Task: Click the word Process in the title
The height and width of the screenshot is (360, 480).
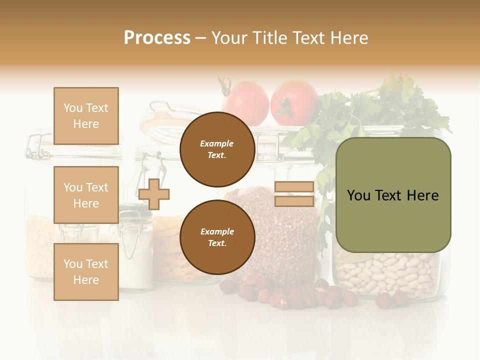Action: coord(157,38)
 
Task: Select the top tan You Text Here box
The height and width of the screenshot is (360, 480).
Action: coord(86,116)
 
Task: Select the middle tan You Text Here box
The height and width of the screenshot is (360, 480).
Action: coord(86,195)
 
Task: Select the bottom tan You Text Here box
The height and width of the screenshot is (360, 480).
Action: coord(86,271)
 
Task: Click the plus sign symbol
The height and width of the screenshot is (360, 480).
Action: coord(154,194)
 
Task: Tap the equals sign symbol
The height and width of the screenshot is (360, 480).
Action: coord(294,194)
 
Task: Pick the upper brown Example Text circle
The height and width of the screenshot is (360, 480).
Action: coord(217,149)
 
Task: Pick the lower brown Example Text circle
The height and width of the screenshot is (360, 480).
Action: coord(217,237)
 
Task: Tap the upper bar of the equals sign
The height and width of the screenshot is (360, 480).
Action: coord(294,187)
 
